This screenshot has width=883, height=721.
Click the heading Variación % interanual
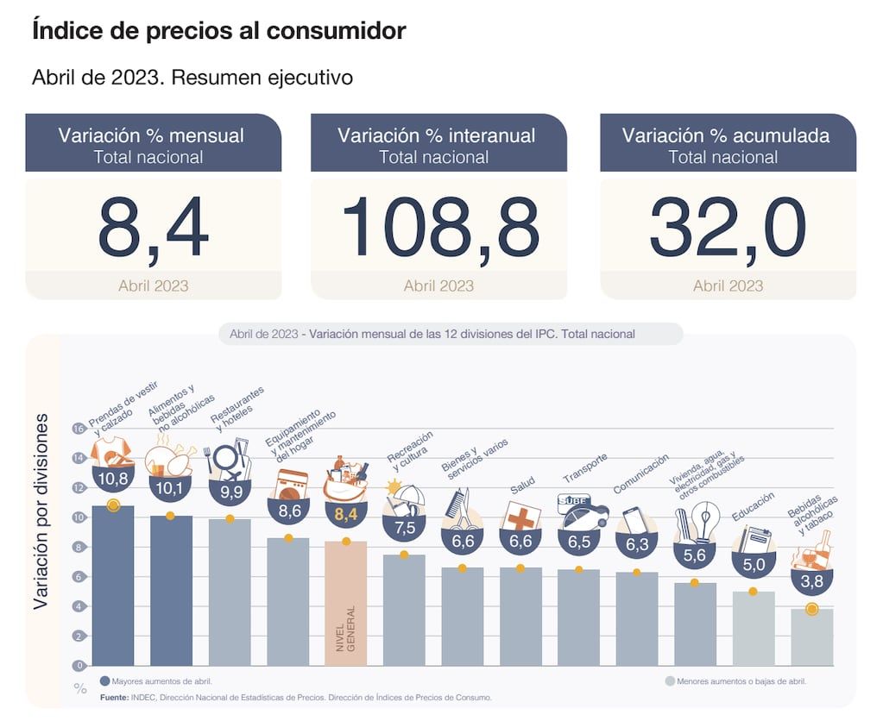click(x=437, y=135)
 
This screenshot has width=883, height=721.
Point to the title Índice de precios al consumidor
click(x=218, y=32)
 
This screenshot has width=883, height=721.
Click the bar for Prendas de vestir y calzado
click(x=113, y=586)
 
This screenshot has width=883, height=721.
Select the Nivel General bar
click(x=345, y=604)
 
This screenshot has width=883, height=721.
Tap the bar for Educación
click(x=754, y=630)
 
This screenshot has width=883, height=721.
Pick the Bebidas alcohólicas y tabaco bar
click(x=811, y=638)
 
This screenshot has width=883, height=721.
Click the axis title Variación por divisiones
click(x=41, y=512)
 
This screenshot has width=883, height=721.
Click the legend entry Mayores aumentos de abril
click(x=155, y=680)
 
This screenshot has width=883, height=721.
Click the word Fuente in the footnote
click(x=114, y=697)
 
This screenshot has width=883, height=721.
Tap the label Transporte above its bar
click(x=585, y=468)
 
